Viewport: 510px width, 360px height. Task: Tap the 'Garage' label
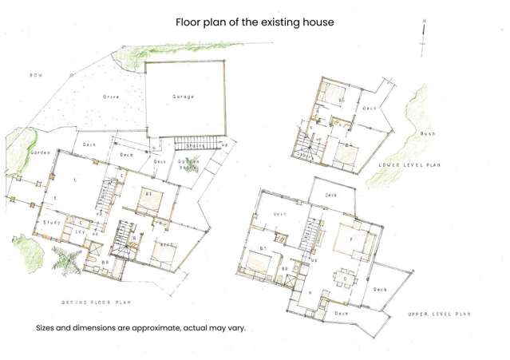184,97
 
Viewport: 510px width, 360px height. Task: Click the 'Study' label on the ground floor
51,223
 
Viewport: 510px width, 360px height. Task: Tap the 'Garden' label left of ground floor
40,152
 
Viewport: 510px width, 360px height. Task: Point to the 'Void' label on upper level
279,213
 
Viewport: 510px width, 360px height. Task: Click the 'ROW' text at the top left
35,76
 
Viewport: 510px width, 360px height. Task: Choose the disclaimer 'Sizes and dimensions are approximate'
140,328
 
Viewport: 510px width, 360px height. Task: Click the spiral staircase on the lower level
306,148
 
